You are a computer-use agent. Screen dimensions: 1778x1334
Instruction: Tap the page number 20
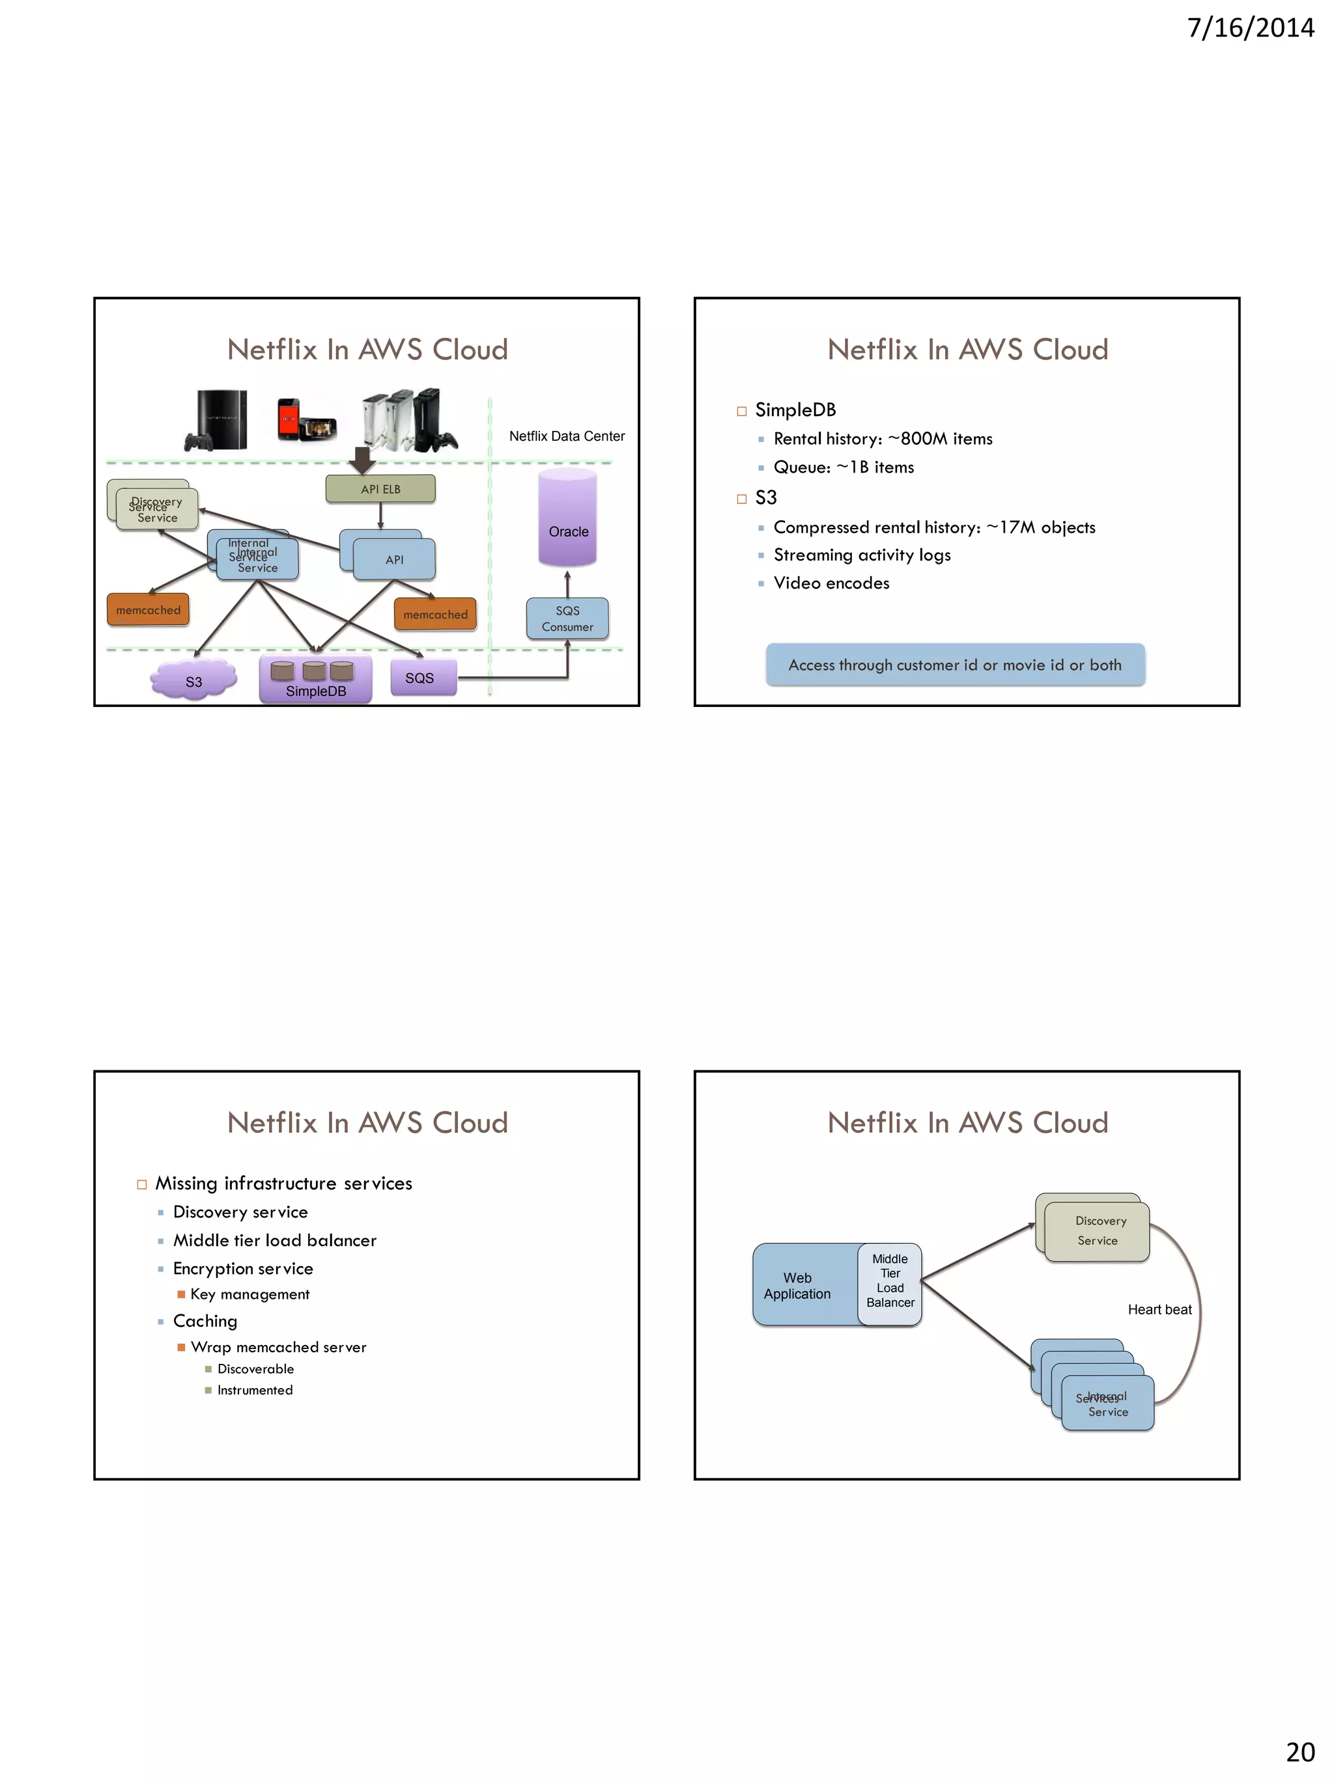click(1299, 1751)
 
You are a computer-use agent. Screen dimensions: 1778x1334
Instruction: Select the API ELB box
click(380, 489)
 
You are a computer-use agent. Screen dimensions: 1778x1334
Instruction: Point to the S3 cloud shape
click(194, 679)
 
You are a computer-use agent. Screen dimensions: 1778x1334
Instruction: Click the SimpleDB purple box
click(315, 680)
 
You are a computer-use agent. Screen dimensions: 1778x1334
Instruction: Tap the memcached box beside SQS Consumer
click(435, 614)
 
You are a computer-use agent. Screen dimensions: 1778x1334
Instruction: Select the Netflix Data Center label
click(566, 436)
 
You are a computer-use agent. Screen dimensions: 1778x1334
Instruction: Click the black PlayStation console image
click(217, 419)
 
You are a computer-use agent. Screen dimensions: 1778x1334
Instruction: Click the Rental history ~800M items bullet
click(882, 439)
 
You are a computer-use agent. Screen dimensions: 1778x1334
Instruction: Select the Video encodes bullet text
click(830, 583)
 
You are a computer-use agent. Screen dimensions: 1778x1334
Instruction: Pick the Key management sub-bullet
click(249, 1294)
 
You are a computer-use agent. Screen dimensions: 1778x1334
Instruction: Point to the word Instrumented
click(255, 1390)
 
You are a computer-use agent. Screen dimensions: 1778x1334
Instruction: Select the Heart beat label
click(1159, 1309)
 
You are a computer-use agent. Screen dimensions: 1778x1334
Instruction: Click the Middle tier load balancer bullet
click(274, 1240)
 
